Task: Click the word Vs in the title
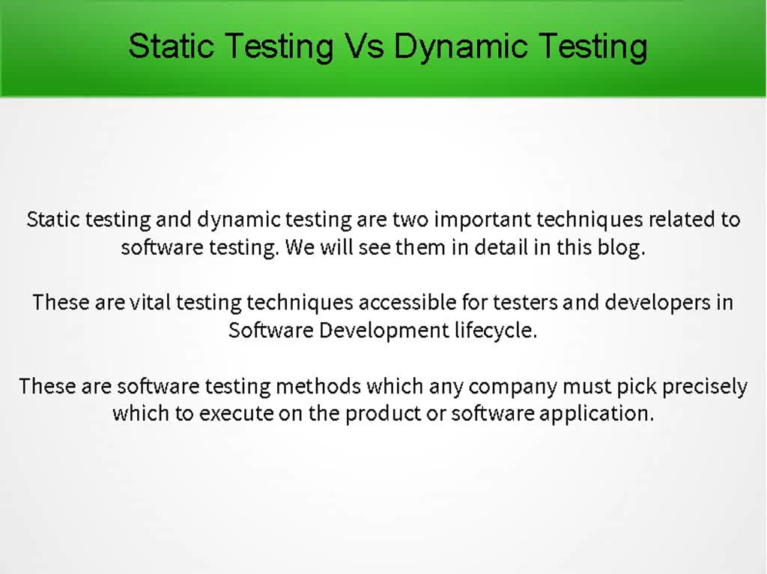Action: click(x=366, y=46)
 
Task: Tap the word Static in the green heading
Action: click(x=172, y=46)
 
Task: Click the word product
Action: click(x=383, y=414)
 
